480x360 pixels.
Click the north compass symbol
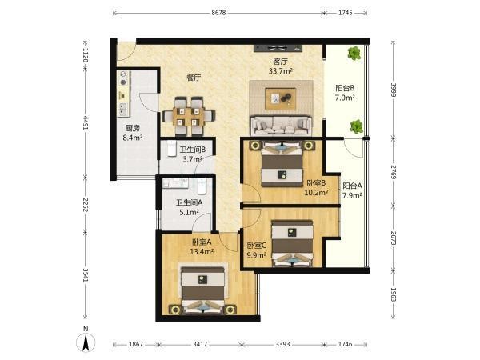86,341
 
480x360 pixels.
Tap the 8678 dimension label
218,13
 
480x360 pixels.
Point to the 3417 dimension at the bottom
200,344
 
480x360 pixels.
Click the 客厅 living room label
281,62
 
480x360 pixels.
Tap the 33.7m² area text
281,71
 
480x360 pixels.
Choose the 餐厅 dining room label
194,78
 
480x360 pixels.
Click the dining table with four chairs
188,116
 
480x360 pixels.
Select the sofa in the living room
281,126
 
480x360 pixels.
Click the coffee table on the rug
281,98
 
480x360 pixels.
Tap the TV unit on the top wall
278,48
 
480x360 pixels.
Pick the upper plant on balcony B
354,54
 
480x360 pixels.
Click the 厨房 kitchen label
133,128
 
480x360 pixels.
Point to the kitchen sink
123,109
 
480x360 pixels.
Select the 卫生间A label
189,202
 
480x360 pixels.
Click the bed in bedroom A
203,290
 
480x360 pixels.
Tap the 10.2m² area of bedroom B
316,193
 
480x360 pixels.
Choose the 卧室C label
257,246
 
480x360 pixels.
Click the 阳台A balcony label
352,186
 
